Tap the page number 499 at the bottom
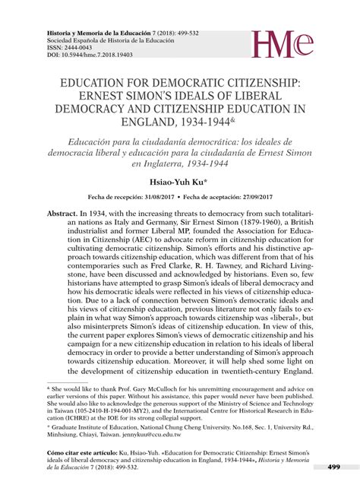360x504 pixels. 333,466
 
